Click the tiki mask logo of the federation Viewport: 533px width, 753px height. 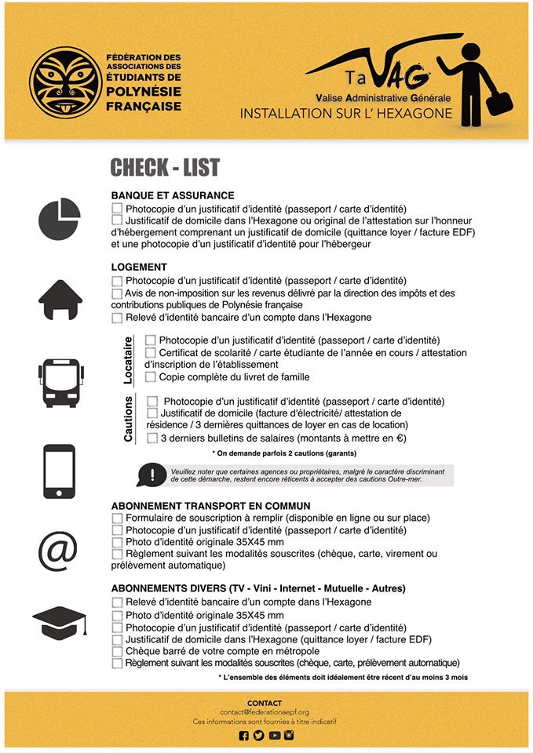pyautogui.click(x=65, y=83)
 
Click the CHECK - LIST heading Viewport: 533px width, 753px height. pyautogui.click(x=165, y=167)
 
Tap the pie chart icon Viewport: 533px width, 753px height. pyautogui.click(x=59, y=219)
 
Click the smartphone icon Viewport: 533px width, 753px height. pyautogui.click(x=60, y=471)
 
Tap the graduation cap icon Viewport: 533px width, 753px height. pyautogui.click(x=59, y=624)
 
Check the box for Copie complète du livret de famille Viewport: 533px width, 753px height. pyautogui.click(x=151, y=377)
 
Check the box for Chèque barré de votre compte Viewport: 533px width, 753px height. pyautogui.click(x=117, y=651)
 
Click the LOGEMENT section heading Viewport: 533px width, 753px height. pyautogui.click(x=139, y=267)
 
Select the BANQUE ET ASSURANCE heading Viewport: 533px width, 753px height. pyautogui.click(x=173, y=195)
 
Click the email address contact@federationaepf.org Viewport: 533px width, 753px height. pyautogui.click(x=265, y=711)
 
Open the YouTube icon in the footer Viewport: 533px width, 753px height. pyautogui.click(x=274, y=736)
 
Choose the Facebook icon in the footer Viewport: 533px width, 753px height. pyautogui.click(x=243, y=736)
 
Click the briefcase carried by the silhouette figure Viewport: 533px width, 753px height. pyautogui.click(x=499, y=103)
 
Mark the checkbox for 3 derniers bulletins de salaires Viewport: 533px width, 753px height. pyautogui.click(x=152, y=438)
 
